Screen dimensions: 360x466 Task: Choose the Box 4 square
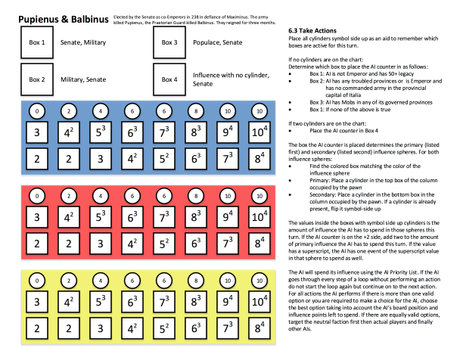170,79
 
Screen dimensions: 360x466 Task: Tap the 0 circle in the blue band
37,111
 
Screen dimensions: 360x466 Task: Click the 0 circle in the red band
37,196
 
